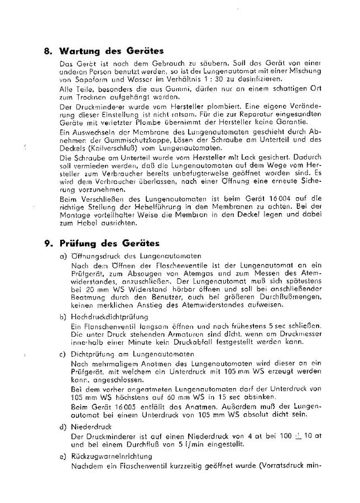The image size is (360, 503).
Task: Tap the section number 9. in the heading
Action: point(48,243)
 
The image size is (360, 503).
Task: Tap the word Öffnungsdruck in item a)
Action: point(92,255)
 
